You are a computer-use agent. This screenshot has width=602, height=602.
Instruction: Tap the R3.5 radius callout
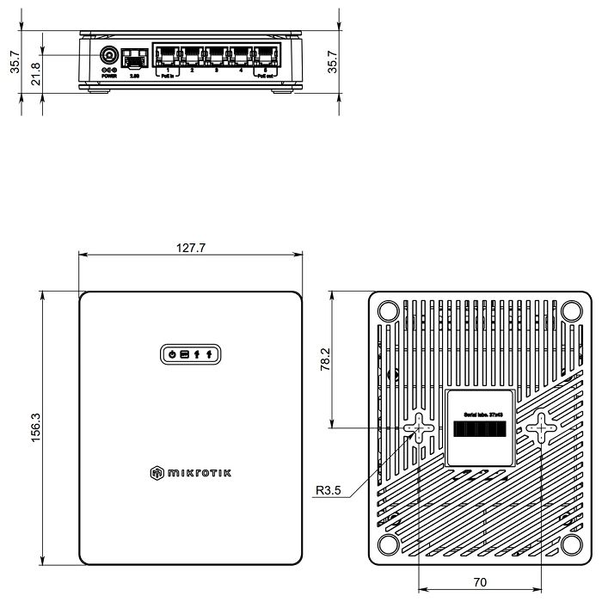[329, 492]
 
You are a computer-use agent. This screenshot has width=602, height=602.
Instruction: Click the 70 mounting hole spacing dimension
[480, 582]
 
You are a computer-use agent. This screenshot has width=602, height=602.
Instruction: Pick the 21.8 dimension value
[35, 75]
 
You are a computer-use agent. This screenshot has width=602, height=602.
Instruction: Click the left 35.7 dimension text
[15, 63]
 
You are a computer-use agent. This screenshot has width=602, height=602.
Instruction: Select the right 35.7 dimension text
[333, 63]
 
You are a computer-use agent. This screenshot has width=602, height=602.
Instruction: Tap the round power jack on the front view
[109, 58]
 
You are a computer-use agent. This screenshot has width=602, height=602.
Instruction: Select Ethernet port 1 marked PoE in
[166, 57]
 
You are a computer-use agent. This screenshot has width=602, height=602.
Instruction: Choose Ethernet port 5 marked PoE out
[265, 57]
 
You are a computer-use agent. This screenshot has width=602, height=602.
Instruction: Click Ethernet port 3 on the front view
[215, 57]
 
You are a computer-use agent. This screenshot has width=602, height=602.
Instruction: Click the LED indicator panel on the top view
[190, 353]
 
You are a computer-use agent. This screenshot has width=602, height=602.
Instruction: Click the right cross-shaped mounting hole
[541, 427]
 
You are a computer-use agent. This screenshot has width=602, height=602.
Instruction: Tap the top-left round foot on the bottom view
[387, 309]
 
